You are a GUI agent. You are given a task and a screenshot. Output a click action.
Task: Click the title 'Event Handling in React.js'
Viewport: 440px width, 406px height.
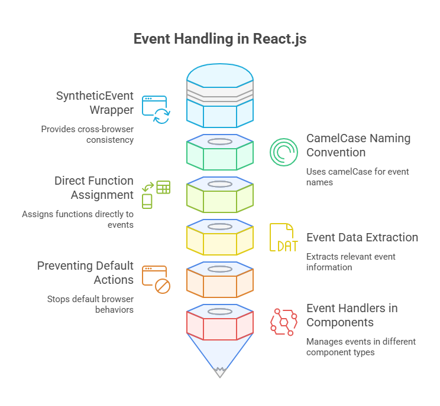tap(219, 40)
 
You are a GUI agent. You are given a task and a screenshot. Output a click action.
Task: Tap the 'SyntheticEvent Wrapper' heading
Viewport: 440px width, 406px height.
tap(95, 103)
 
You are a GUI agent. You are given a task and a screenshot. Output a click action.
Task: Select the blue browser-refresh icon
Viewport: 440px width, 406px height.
tap(155, 110)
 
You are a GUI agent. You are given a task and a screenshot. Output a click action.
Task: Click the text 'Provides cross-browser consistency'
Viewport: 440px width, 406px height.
tap(88, 134)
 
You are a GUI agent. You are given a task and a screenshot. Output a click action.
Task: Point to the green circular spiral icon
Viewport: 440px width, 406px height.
tap(284, 152)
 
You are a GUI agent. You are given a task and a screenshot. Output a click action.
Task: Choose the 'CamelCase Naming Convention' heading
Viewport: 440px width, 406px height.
tap(358, 145)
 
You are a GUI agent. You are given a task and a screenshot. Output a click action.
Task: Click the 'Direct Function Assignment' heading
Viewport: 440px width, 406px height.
tap(93, 188)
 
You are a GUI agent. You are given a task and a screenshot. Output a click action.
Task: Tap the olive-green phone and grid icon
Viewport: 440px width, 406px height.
tap(156, 195)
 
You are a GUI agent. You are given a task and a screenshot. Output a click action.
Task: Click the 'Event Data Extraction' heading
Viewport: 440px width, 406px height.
tap(362, 237)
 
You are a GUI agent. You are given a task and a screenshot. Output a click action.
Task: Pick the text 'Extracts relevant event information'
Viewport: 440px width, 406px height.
tap(351, 261)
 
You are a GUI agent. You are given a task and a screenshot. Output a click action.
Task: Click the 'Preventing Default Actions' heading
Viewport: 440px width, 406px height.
tap(85, 273)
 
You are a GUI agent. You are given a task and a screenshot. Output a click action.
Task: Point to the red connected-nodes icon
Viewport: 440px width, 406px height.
tap(284, 322)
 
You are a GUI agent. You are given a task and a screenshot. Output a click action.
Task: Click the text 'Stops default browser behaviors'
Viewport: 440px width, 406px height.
tap(90, 304)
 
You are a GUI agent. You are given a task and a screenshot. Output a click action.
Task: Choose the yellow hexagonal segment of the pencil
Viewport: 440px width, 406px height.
tap(219, 241)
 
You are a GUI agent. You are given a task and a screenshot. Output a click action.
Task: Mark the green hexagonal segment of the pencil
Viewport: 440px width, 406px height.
tap(219, 156)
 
